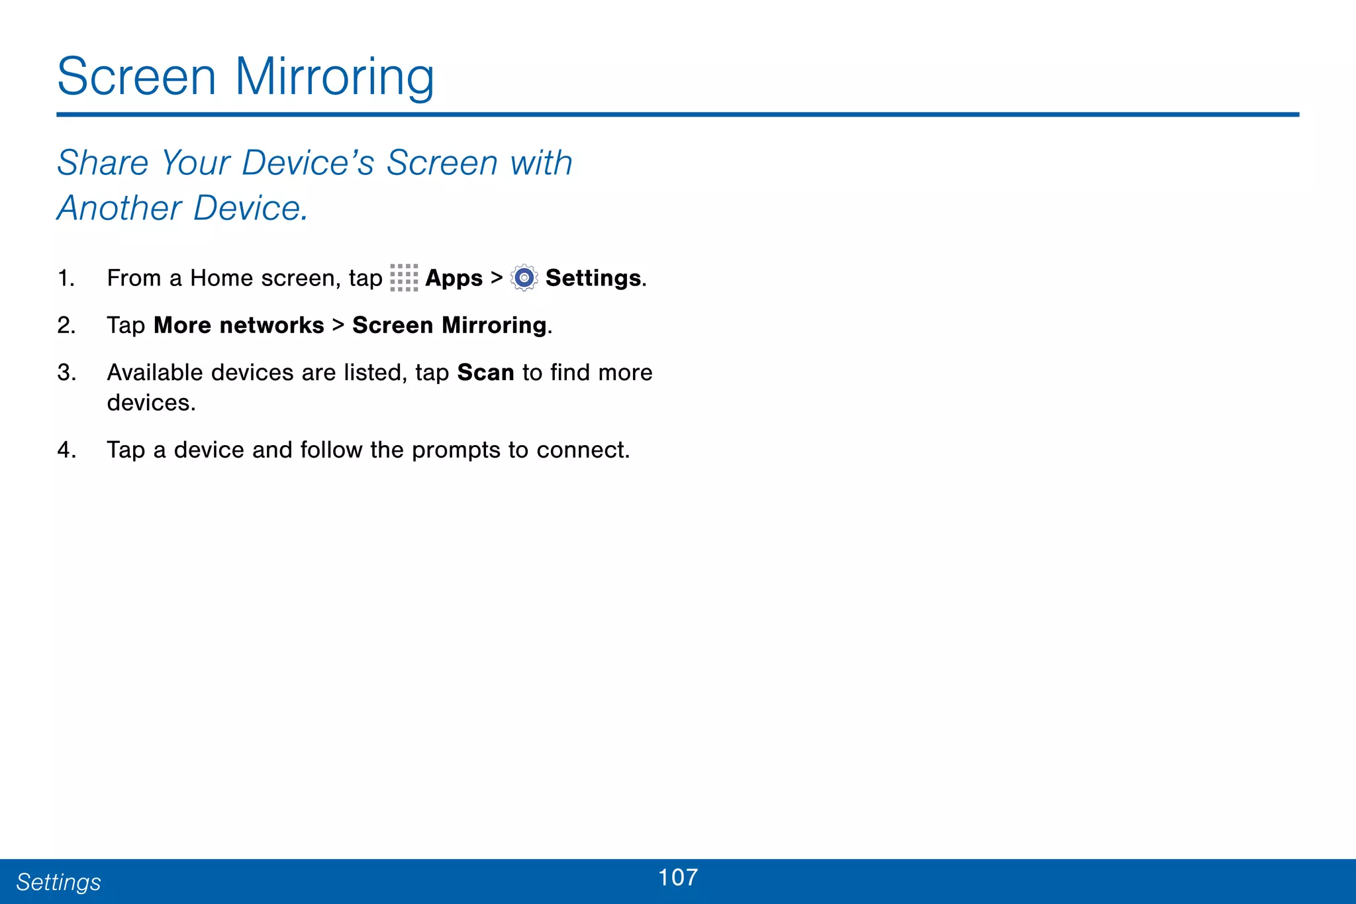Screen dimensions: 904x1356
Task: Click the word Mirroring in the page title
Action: click(x=334, y=77)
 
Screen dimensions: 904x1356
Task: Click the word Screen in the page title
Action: click(x=136, y=77)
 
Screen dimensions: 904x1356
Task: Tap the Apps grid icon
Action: click(x=404, y=278)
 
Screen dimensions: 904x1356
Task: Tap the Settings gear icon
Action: click(x=524, y=278)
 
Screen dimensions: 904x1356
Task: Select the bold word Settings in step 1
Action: click(x=593, y=278)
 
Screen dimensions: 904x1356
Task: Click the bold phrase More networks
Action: click(x=239, y=325)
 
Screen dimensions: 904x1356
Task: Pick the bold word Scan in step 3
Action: click(x=485, y=372)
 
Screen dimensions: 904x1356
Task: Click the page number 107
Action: click(x=678, y=878)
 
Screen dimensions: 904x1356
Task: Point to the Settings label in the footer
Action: click(x=58, y=882)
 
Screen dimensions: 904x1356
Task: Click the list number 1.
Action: click(x=66, y=278)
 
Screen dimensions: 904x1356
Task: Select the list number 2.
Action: click(x=66, y=325)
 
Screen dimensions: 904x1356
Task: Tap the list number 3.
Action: click(x=66, y=372)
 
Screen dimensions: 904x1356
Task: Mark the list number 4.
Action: click(x=66, y=450)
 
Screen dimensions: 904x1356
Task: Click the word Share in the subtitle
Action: click(x=103, y=163)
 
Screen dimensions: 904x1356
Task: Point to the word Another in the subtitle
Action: click(x=119, y=209)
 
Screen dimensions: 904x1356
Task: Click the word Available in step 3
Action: click(x=155, y=372)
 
